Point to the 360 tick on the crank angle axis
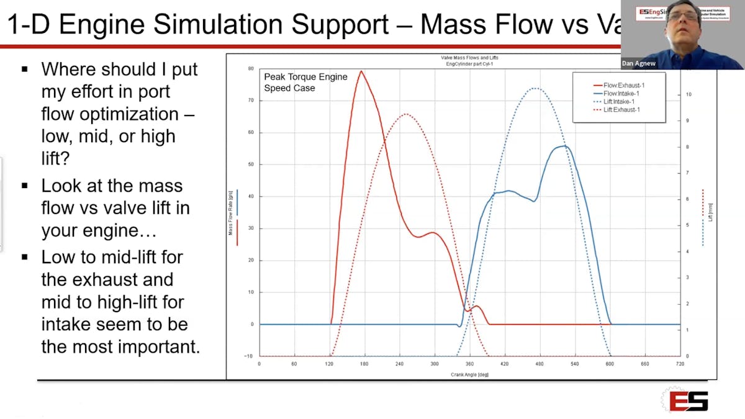(469, 364)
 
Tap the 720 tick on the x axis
(680, 364)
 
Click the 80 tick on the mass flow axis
(251, 69)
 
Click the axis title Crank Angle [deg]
(469, 374)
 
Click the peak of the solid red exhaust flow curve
(361, 71)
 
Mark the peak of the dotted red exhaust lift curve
(406, 114)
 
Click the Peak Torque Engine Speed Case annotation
(305, 83)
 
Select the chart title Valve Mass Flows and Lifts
(469, 58)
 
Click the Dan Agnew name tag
(638, 63)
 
